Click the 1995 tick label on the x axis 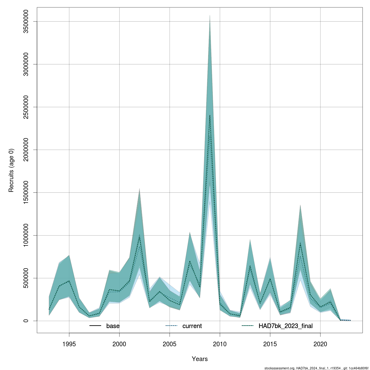[69, 344]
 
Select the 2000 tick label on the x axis [119, 344]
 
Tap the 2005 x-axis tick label [170, 344]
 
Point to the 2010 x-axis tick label [220, 344]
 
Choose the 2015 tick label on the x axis [270, 344]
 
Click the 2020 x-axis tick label [320, 344]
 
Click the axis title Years [200, 359]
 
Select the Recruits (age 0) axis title [11, 171]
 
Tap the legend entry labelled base [113, 326]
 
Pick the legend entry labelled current [192, 326]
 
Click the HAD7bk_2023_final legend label [286, 326]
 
